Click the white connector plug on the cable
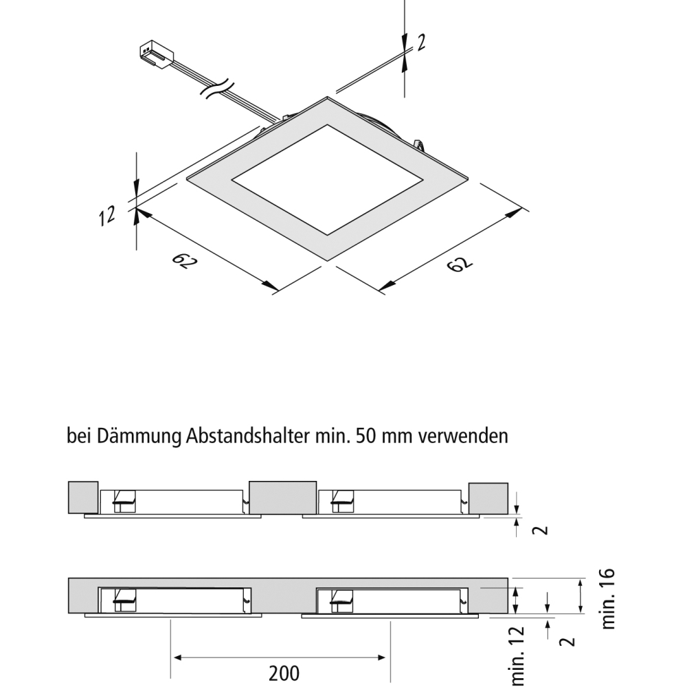click(155, 54)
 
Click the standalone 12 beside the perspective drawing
click(107, 217)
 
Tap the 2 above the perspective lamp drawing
click(420, 43)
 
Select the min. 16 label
click(608, 598)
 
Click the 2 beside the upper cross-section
click(542, 530)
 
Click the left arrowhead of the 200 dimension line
click(176, 657)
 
